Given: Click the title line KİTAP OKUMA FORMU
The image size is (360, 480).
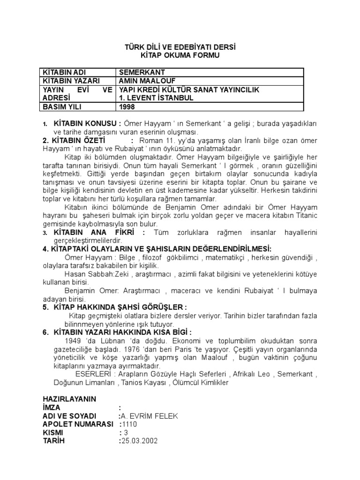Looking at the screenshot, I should click(180, 55).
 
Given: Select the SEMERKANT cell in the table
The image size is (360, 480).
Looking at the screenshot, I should click(141, 73).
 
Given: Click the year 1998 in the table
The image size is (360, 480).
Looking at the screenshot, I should click(127, 106).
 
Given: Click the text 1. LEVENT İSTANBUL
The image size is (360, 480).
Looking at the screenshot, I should click(157, 98).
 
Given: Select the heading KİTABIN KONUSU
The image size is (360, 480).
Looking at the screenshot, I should click(88, 123).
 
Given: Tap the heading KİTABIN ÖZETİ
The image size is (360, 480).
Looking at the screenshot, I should click(74, 141).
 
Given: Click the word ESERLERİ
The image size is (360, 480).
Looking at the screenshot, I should click(93, 375).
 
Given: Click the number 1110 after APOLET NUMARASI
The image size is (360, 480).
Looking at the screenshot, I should click(129, 424).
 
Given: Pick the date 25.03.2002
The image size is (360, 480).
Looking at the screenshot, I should click(140, 441).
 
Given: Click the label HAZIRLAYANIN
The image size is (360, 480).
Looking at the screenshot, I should click(69, 399).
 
